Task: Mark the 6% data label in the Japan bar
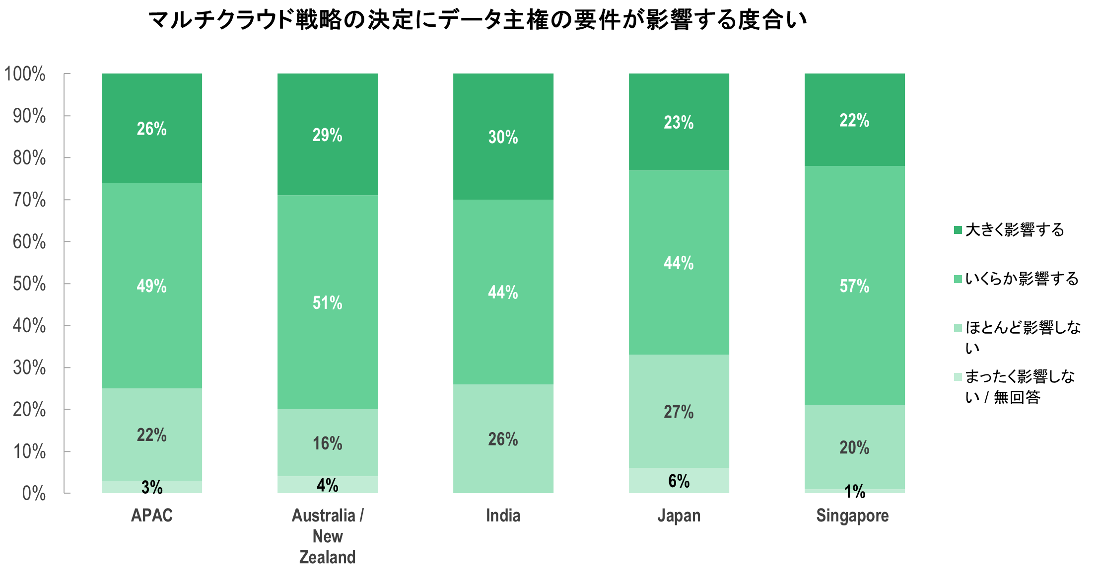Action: tap(679, 481)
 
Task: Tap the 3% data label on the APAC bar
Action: tap(152, 487)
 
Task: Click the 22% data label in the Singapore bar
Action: tap(855, 120)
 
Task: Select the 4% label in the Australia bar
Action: tap(328, 485)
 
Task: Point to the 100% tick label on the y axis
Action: tap(25, 74)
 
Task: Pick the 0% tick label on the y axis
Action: tap(34, 494)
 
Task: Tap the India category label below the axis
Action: tap(503, 515)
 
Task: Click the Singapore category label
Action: tap(852, 516)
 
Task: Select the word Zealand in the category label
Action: tap(328, 557)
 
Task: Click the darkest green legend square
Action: tap(958, 230)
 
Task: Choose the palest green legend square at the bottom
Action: tap(958, 377)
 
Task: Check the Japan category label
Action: tap(679, 516)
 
